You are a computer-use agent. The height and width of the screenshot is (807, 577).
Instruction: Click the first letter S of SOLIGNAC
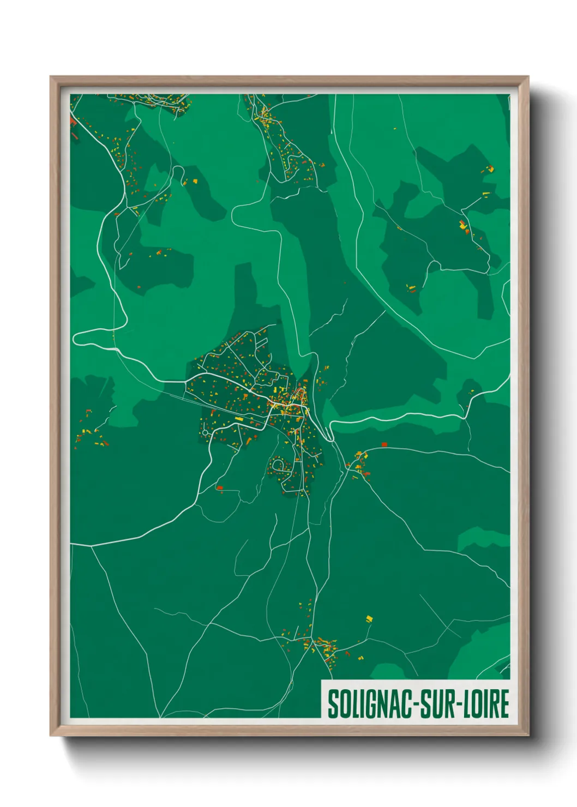[333, 704]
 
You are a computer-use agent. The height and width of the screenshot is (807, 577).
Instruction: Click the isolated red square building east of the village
[384, 445]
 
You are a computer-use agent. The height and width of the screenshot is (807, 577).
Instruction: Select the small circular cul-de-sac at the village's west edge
[205, 433]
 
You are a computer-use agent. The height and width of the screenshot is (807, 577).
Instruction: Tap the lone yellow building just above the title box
[369, 619]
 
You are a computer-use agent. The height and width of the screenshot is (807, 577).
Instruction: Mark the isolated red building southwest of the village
[219, 487]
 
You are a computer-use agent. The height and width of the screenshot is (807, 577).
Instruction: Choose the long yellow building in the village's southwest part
[239, 419]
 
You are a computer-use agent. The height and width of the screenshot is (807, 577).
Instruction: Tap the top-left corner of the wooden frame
[51, 77]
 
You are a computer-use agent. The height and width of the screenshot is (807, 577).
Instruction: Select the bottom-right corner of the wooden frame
[528, 736]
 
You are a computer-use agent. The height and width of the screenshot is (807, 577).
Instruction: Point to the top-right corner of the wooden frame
[528, 77]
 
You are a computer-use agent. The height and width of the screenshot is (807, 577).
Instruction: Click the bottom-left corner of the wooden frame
[51, 736]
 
